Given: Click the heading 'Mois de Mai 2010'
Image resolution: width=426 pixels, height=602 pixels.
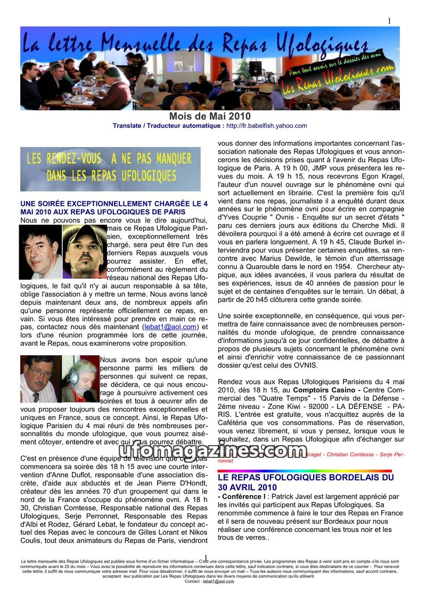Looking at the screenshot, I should pos(209,116).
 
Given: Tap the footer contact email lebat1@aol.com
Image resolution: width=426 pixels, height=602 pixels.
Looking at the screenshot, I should pos(218,581).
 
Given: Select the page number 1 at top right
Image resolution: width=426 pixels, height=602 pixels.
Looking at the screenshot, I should pos(389,21).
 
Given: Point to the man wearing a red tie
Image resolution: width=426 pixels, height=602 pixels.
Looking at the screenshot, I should pos(37,379).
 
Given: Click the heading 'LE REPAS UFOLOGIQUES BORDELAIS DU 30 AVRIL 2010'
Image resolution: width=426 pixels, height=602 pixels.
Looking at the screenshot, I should pos(306,482).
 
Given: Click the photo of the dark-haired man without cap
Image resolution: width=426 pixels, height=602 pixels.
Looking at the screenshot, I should pos(40,252).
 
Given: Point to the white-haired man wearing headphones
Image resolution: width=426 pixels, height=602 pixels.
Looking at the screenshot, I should pos(80,379).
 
